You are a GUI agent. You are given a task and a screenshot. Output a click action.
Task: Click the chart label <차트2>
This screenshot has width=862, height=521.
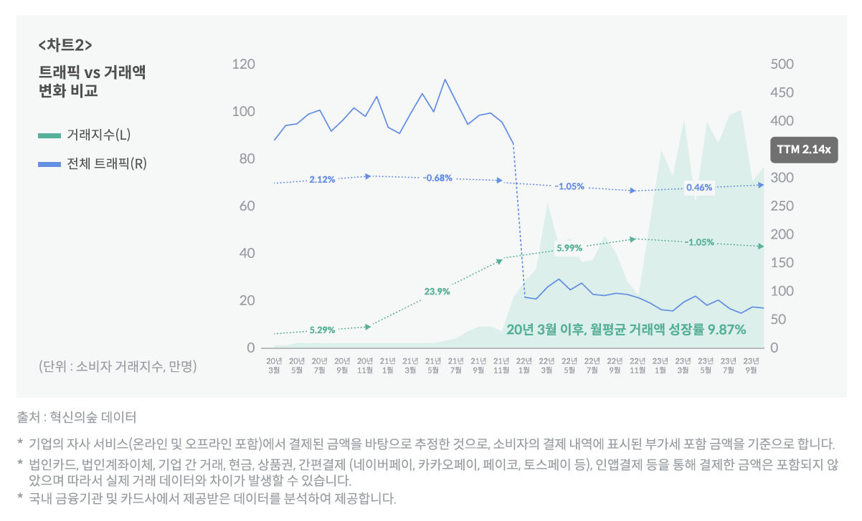tap(65, 45)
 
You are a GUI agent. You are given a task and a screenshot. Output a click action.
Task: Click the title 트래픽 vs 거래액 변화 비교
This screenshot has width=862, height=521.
tap(92, 82)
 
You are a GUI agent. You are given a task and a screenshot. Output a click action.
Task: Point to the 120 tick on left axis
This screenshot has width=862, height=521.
tap(244, 64)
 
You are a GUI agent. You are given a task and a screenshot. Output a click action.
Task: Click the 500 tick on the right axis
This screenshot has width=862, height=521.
tap(782, 64)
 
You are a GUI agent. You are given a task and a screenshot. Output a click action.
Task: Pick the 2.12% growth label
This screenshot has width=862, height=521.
tap(322, 179)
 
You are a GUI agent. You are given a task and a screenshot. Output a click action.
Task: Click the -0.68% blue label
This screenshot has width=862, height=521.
tap(437, 178)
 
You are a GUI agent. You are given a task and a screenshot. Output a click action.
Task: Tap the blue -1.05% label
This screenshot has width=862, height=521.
tap(569, 186)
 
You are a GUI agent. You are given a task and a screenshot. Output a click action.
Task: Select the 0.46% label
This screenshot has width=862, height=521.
tap(698, 188)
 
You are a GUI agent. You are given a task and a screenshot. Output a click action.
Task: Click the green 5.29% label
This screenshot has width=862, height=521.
tap(322, 330)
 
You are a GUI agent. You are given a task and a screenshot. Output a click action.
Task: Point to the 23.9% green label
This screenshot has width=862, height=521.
tap(437, 291)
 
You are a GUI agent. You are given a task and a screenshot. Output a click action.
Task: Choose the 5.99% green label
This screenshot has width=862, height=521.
tap(569, 248)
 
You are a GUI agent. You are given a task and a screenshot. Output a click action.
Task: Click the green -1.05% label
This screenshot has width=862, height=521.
tap(698, 242)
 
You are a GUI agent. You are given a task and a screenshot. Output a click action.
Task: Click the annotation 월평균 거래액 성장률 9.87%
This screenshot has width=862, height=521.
tap(626, 330)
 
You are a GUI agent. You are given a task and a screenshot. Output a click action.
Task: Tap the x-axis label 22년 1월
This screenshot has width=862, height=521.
tap(524, 365)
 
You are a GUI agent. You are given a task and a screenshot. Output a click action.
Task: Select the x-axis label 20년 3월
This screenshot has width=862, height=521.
tap(275, 365)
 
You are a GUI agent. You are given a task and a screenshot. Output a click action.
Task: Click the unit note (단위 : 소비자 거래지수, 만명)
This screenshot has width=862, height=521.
tap(118, 366)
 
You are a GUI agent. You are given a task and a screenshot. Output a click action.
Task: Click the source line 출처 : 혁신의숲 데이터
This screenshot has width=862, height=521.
tap(76, 416)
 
